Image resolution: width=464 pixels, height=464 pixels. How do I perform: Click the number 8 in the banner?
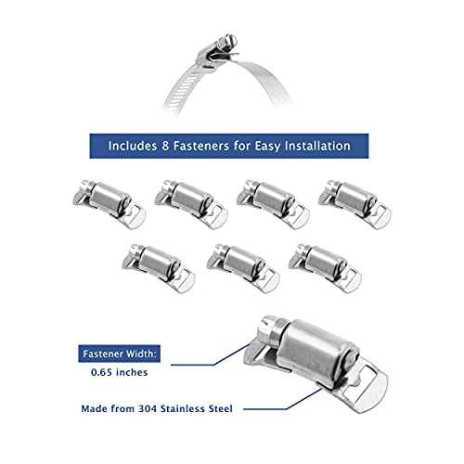pyautogui.click(x=165, y=146)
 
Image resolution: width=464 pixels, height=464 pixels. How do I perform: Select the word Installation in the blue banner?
pyautogui.click(x=317, y=146)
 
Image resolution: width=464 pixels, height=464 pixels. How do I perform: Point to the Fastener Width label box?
pyautogui.click(x=120, y=354)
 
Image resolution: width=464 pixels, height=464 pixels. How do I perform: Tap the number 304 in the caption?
pyautogui.click(x=148, y=408)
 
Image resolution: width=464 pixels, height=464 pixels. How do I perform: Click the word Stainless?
pyautogui.click(x=182, y=408)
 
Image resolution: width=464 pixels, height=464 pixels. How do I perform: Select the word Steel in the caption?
pyautogui.click(x=220, y=408)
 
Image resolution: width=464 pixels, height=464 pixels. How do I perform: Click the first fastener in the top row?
pyautogui.click(x=109, y=204)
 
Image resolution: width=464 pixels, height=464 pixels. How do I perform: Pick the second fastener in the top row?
pyautogui.click(x=191, y=204)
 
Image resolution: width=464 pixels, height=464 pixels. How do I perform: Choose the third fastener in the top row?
pyautogui.click(x=273, y=204)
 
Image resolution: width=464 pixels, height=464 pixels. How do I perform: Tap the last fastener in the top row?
pyautogui.click(x=354, y=204)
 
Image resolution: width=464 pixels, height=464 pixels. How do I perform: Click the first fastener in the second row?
pyautogui.click(x=159, y=268)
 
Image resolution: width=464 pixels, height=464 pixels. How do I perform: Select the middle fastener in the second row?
pyautogui.click(x=243, y=268)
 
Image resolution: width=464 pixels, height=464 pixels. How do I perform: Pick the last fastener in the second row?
pyautogui.click(x=325, y=268)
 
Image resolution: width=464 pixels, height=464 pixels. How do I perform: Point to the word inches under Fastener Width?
pyautogui.click(x=132, y=372)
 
